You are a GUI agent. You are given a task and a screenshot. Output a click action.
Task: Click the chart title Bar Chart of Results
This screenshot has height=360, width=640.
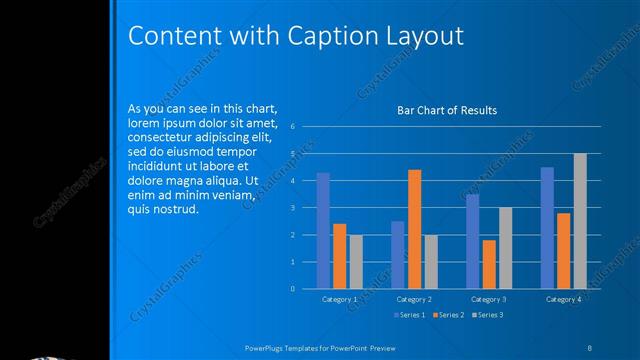447,110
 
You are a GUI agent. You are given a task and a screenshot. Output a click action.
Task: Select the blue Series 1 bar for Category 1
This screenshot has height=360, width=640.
323,230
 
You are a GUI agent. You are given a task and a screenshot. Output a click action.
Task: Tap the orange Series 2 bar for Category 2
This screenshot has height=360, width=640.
414,229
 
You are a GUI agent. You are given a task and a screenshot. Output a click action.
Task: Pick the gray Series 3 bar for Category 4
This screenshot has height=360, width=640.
580,220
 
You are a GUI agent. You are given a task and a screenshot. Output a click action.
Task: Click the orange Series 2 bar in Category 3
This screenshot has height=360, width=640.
488,264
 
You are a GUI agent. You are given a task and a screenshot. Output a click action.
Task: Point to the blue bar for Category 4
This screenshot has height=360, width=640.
547,227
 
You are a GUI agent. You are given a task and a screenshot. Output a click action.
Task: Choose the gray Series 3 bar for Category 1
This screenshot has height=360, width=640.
356,261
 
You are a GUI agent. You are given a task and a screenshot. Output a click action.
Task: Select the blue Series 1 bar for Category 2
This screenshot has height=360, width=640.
398,254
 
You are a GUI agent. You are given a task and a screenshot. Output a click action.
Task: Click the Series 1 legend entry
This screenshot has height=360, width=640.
409,315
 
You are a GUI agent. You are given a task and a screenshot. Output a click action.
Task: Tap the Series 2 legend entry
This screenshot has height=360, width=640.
447,315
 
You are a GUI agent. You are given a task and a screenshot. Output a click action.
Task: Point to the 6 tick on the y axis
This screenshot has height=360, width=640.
292,127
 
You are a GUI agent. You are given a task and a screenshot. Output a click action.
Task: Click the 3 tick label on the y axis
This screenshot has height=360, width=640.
292,208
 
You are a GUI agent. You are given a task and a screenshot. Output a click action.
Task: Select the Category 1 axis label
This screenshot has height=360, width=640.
340,299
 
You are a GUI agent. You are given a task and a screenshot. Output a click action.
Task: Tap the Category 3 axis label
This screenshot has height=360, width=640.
488,299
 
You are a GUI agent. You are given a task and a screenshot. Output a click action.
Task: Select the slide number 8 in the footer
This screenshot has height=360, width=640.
590,346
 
